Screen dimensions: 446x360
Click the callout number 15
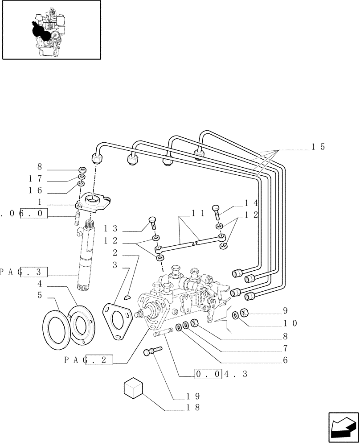click(318, 147)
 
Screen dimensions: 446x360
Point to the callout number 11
click(199, 213)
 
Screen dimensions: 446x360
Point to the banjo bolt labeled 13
click(151, 222)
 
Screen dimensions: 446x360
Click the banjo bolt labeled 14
click(217, 209)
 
